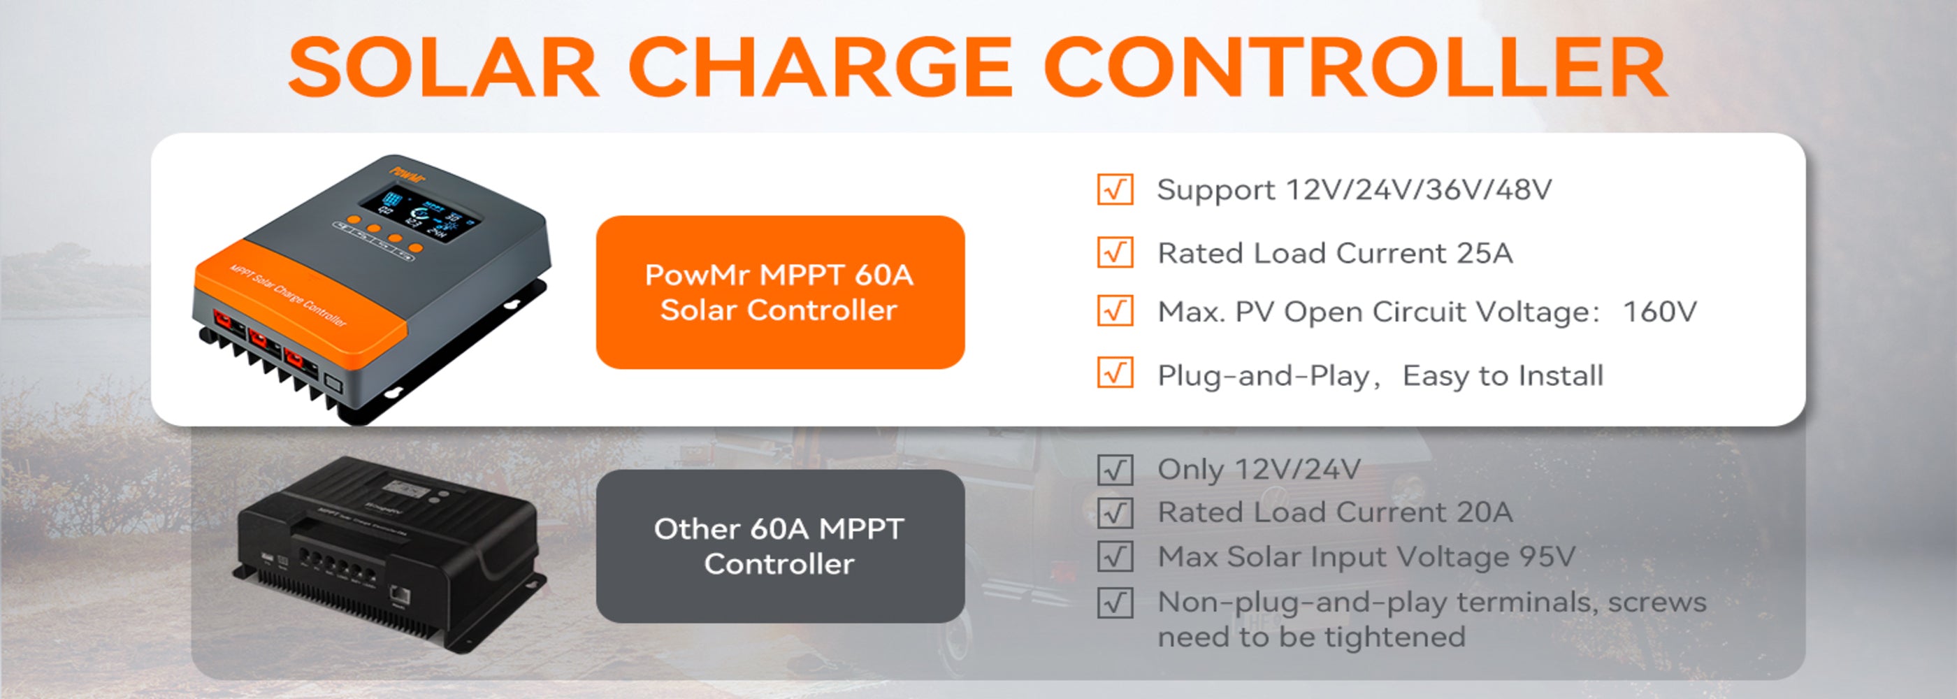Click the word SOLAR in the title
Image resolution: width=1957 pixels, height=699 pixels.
pos(444,68)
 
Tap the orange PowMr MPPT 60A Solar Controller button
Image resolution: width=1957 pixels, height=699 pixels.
pos(780,292)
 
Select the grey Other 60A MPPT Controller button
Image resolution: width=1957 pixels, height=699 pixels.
pos(780,547)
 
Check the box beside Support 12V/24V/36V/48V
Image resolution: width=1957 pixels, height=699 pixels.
pos(1115,189)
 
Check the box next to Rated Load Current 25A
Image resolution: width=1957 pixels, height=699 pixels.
pos(1115,252)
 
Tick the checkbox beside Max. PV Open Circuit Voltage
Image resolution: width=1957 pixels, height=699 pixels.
pos(1115,311)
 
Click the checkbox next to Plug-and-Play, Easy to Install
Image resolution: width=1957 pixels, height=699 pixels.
pos(1115,373)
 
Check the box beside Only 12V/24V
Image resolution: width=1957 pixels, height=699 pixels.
pos(1115,470)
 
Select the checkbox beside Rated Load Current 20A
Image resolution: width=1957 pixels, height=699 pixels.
pos(1115,513)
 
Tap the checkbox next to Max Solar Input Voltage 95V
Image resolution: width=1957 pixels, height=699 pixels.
pos(1115,557)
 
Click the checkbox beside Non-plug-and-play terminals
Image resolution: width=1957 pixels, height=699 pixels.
pos(1115,603)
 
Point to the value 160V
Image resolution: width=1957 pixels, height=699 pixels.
pos(1659,312)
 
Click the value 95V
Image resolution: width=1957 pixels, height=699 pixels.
pos(1547,557)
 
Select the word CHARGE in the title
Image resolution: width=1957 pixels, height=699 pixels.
pos(821,68)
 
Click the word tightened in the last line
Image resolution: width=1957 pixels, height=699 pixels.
pos(1395,637)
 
